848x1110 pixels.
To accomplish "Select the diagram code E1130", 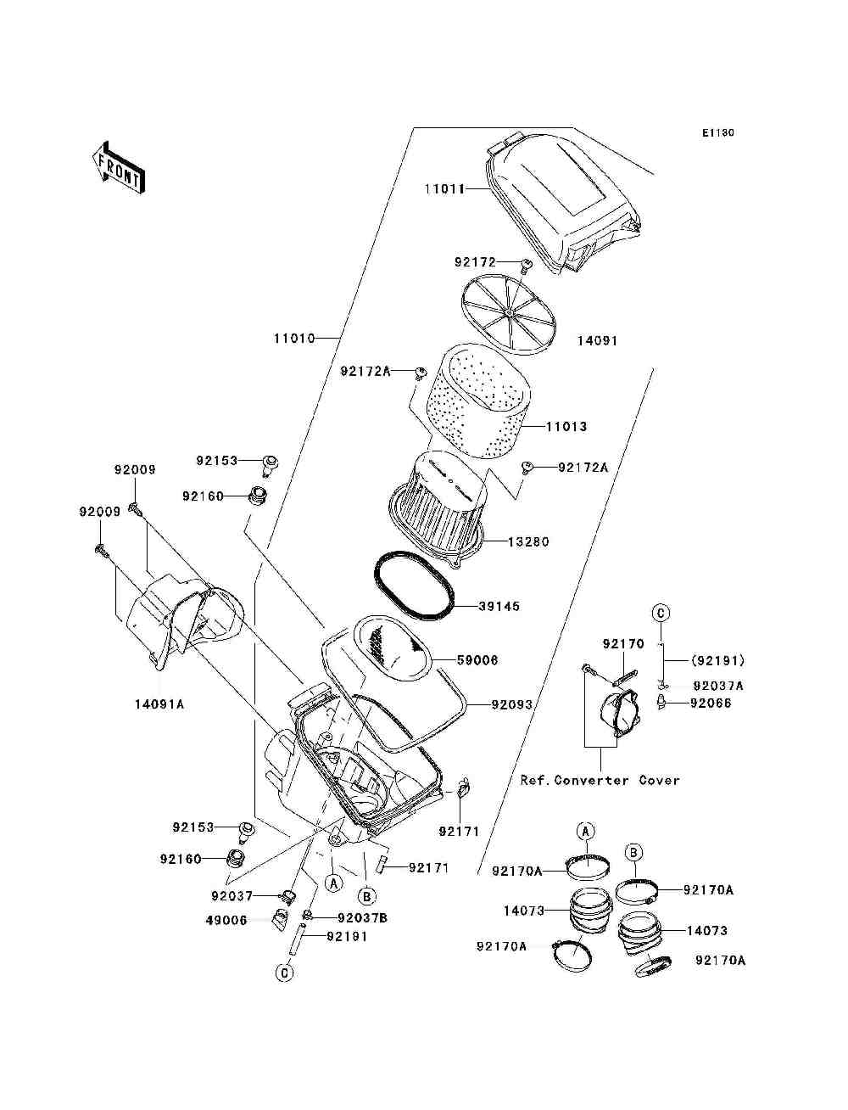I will click(x=717, y=133).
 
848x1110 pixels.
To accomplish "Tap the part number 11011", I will click(x=444, y=189).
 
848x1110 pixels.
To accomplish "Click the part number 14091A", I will click(x=159, y=704).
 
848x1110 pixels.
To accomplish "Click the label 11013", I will click(x=566, y=427).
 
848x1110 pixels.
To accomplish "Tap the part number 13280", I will click(x=528, y=541).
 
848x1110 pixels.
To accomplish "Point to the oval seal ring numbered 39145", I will click(x=415, y=586).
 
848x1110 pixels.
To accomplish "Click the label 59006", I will click(x=477, y=659).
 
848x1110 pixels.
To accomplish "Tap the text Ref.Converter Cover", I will click(x=600, y=780).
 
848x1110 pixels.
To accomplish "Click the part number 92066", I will click(x=711, y=703).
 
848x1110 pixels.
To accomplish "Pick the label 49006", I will click(x=226, y=920).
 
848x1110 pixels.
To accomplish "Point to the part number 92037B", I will click(x=363, y=917).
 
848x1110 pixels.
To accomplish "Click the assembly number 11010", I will click(x=293, y=338).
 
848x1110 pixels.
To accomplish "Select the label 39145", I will click(x=499, y=607).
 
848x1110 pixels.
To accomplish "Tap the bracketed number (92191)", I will click(x=717, y=660).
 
